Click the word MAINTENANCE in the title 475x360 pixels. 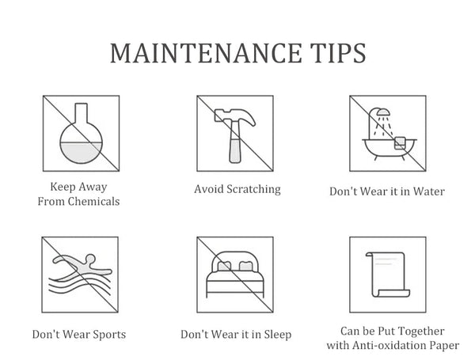(206, 53)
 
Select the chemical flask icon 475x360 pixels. (82, 133)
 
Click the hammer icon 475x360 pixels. (235, 135)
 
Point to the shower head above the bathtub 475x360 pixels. (383, 112)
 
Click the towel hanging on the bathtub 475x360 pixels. (400, 143)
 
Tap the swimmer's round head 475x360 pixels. (90, 259)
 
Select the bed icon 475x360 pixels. (235, 274)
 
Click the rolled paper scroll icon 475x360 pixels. (388, 275)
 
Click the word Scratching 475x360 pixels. (254, 189)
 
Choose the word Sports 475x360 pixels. (109, 335)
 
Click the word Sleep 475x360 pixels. (278, 335)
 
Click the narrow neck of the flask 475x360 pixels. (82, 113)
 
